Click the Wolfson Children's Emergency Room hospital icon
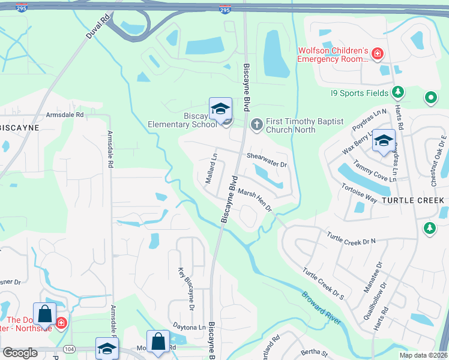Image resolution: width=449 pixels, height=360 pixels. pyautogui.click(x=377, y=55)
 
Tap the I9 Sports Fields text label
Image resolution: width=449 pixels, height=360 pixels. pyautogui.click(x=358, y=93)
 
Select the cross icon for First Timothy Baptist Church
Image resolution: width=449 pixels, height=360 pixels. pyautogui.click(x=256, y=124)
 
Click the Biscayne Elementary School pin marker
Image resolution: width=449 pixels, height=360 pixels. pyautogui.click(x=220, y=110)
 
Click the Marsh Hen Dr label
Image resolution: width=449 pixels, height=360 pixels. pyautogui.click(x=255, y=200)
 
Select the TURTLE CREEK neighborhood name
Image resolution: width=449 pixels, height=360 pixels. pyautogui.click(x=413, y=200)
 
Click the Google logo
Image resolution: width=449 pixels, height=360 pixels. pyautogui.click(x=20, y=353)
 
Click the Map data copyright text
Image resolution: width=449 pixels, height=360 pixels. pyautogui.click(x=423, y=354)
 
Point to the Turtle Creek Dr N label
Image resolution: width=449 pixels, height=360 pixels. pyautogui.click(x=351, y=237)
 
